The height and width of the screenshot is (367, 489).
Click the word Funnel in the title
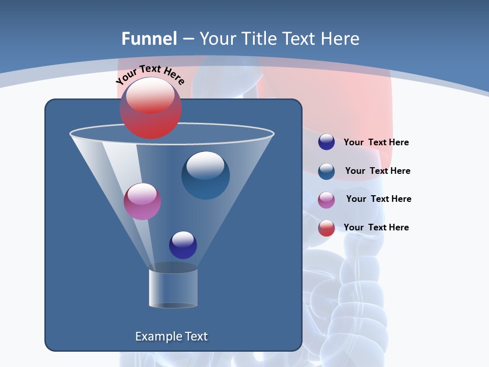(149, 39)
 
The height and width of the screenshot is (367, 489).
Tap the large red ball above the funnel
(151, 109)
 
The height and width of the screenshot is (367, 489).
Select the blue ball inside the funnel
(205, 175)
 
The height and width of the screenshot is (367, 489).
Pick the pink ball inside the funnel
(142, 201)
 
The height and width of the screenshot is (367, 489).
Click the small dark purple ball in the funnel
(183, 245)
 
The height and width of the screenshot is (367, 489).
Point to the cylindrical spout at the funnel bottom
(173, 288)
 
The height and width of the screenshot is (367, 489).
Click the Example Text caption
(171, 336)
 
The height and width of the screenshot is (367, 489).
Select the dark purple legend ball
(327, 142)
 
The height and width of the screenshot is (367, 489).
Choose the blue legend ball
(327, 171)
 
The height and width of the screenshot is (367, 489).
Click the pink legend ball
(327, 200)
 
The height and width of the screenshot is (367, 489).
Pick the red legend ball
(327, 228)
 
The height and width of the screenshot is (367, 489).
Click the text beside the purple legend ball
(376, 142)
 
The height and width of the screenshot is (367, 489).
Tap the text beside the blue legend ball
(377, 171)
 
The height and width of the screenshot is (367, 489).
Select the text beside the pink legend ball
(378, 199)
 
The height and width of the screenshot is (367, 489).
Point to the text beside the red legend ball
(376, 227)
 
